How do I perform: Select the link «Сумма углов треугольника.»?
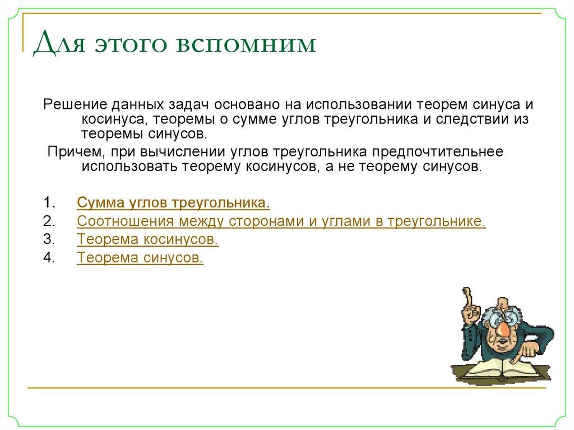[x=174, y=202]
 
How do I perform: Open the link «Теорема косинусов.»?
[x=147, y=239]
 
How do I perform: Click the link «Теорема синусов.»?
[x=140, y=258]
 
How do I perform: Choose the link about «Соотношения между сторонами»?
[x=281, y=221]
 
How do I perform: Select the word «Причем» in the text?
[x=67, y=151]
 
